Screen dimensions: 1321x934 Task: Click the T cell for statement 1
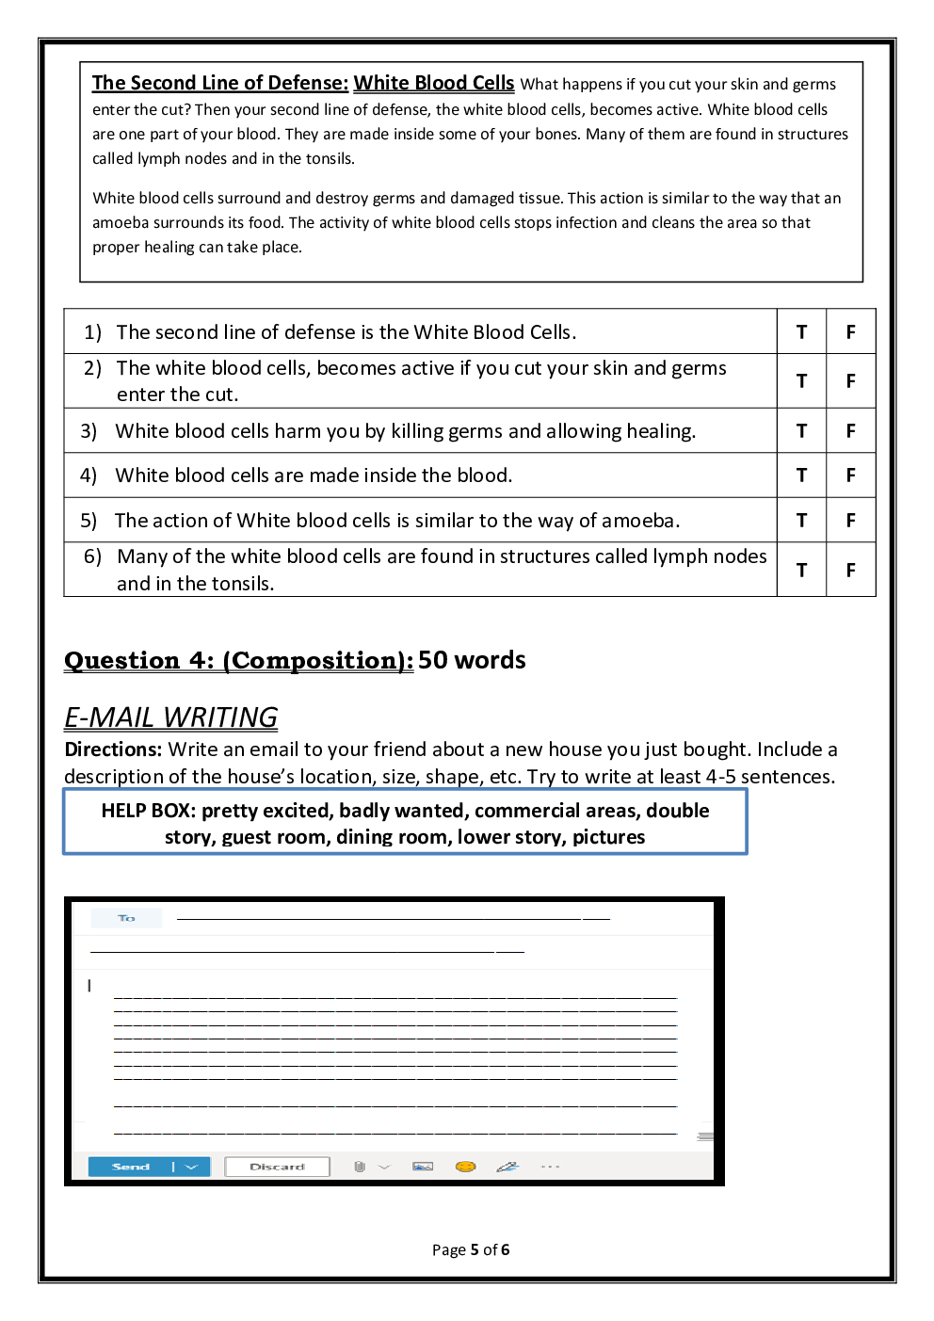click(x=801, y=331)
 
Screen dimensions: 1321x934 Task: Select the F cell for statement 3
click(x=850, y=431)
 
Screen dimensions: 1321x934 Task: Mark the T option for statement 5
click(x=801, y=521)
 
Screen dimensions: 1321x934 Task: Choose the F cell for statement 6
click(x=850, y=571)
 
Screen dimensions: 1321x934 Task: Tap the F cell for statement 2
click(x=850, y=381)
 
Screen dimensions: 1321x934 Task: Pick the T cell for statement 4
click(x=801, y=475)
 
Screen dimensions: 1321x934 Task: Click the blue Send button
click(x=131, y=1167)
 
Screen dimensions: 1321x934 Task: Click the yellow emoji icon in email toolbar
click(x=465, y=1167)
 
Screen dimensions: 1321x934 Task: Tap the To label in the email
click(x=126, y=918)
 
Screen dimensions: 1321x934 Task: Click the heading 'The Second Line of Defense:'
click(x=220, y=83)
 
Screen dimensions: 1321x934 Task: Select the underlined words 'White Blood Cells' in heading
click(x=434, y=83)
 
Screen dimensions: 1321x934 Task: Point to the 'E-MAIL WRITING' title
click(x=170, y=717)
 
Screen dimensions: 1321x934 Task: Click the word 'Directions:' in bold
click(x=113, y=749)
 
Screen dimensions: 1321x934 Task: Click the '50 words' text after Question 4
click(x=472, y=660)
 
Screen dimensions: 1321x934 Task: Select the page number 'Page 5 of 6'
click(x=471, y=1249)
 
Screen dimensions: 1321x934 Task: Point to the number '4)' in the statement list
click(x=89, y=475)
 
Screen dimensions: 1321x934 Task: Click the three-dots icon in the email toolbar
click(x=551, y=1167)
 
